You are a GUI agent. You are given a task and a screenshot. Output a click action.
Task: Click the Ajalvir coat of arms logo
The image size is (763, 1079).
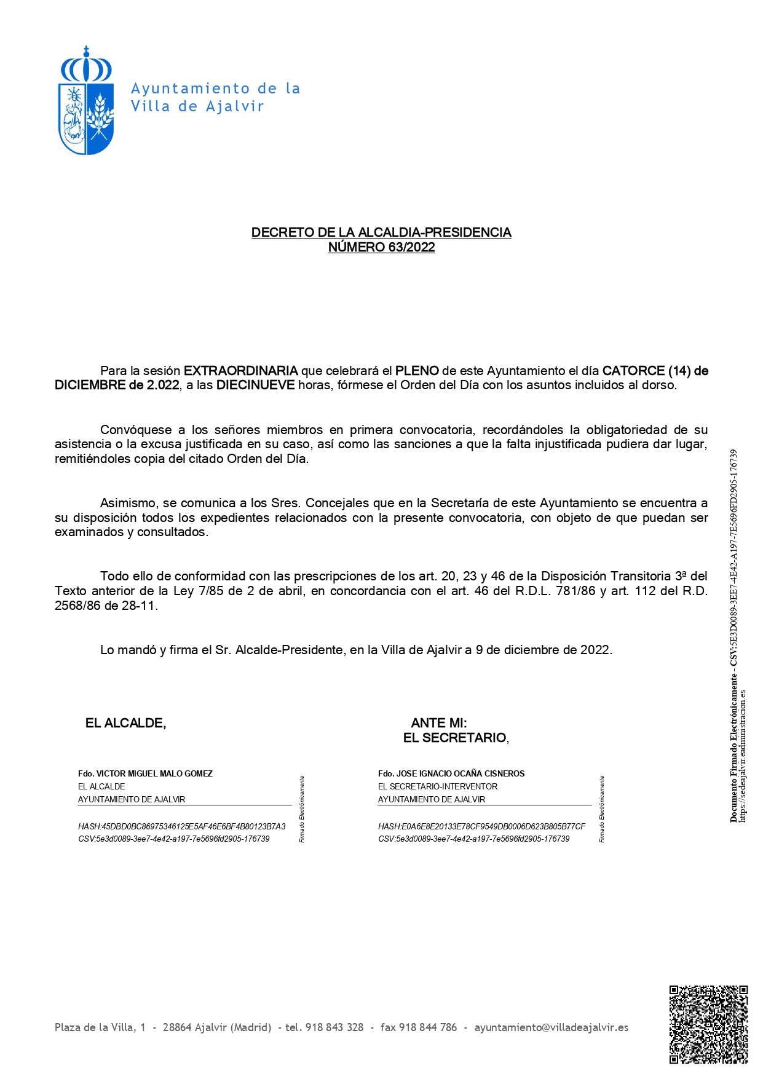tap(86, 101)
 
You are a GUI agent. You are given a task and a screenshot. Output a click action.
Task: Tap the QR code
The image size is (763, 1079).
tap(708, 1024)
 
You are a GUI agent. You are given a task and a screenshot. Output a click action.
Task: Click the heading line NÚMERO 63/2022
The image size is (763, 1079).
tap(381, 247)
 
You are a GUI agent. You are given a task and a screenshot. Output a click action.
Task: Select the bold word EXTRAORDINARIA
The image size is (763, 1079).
tap(240, 371)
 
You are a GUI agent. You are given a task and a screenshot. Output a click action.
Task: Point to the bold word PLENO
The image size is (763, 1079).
tap(417, 371)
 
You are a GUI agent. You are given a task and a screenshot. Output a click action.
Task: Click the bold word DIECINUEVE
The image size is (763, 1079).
tap(255, 385)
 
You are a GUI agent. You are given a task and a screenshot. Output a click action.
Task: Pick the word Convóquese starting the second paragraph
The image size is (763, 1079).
tap(136, 430)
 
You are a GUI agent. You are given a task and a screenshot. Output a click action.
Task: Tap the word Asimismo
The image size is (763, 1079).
tap(127, 503)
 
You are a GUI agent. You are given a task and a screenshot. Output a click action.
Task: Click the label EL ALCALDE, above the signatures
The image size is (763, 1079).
tap(125, 723)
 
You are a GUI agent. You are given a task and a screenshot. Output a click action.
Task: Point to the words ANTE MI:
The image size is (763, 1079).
tap(438, 723)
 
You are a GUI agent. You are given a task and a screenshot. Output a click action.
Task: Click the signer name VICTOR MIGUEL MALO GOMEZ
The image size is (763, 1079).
tap(154, 773)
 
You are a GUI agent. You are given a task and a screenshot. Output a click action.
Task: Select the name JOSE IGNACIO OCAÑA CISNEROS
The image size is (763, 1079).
tap(461, 773)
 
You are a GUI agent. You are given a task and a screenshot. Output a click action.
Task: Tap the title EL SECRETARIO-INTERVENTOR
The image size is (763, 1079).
tap(438, 786)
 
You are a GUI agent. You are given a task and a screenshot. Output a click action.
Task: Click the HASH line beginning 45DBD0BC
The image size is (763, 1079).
tap(181, 826)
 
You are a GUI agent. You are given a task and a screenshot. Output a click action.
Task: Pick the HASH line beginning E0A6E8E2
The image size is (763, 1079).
tap(481, 826)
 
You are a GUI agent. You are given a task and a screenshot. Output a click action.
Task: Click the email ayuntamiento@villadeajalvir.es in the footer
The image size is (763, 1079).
tap(551, 1027)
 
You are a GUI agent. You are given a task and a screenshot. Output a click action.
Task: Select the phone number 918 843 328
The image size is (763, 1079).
tap(334, 1027)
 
